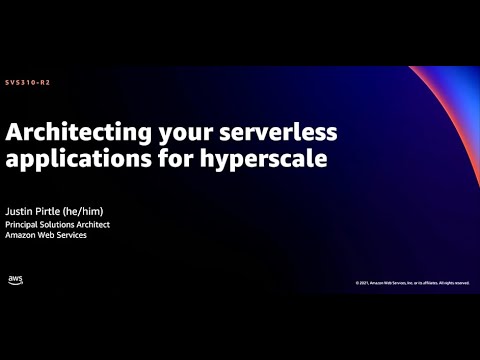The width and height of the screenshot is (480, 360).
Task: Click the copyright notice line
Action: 412,283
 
